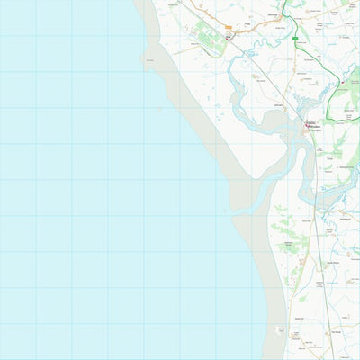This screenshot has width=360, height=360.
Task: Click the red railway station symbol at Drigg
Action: coord(229,38)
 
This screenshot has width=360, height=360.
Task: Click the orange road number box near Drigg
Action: coord(229,29)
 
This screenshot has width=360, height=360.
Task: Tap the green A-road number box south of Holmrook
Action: coord(296,40)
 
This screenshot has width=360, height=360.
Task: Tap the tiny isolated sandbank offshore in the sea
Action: coord(159,110)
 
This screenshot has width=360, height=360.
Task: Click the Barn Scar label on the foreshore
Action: coord(148,60)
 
